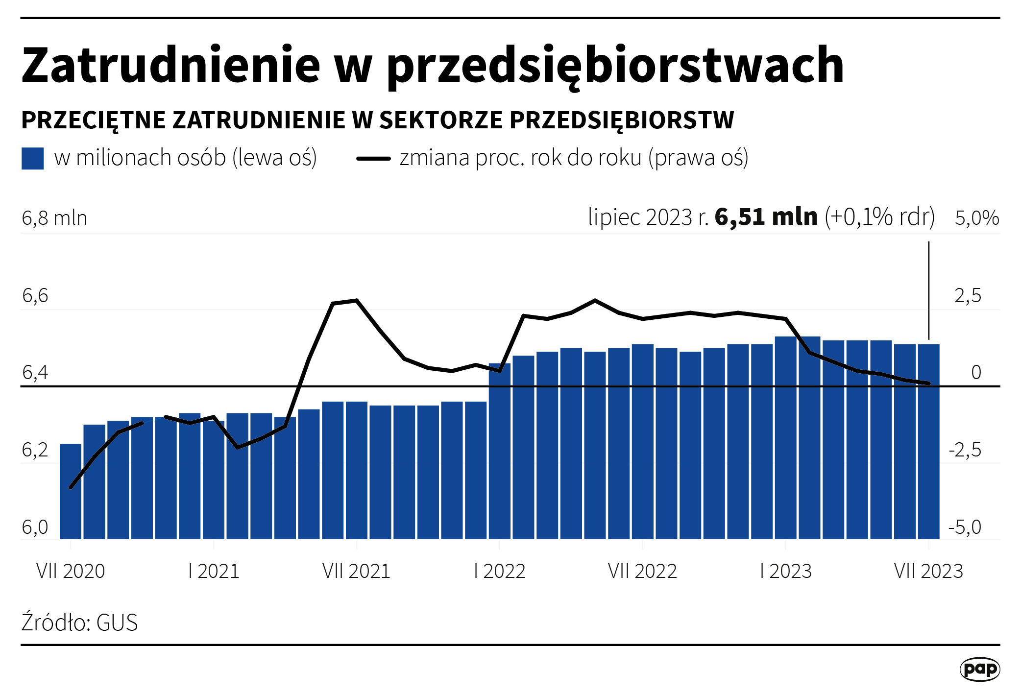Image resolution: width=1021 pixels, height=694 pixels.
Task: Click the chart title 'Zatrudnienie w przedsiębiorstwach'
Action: click(432, 65)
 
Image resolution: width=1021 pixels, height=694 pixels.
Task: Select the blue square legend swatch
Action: click(33, 158)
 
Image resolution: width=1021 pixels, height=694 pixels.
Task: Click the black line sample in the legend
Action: click(373, 158)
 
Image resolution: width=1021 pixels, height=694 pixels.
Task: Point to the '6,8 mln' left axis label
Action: click(54, 218)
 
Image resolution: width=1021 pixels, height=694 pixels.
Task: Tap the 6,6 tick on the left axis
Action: click(35, 295)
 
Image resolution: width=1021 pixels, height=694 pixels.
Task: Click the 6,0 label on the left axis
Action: click(35, 527)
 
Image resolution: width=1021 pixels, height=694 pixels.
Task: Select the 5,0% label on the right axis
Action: click(976, 218)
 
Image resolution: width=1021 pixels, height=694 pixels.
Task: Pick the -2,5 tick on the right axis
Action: click(965, 450)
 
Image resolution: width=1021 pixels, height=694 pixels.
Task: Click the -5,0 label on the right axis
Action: click(965, 527)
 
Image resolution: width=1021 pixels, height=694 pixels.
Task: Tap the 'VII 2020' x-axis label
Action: click(71, 571)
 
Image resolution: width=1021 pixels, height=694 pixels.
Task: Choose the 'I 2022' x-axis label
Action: click(499, 571)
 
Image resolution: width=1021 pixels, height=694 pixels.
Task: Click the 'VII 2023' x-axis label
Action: click(928, 571)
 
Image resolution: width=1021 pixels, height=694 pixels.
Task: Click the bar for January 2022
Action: click(499, 451)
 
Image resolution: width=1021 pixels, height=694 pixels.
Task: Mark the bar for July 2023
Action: click(928, 441)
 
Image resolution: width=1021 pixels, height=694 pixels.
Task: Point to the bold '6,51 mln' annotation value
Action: click(766, 217)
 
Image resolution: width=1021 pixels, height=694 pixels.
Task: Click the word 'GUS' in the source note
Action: click(117, 623)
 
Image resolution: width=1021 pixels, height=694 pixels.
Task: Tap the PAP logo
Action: click(979, 669)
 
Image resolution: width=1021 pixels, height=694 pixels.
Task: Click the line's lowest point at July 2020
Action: click(71, 488)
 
